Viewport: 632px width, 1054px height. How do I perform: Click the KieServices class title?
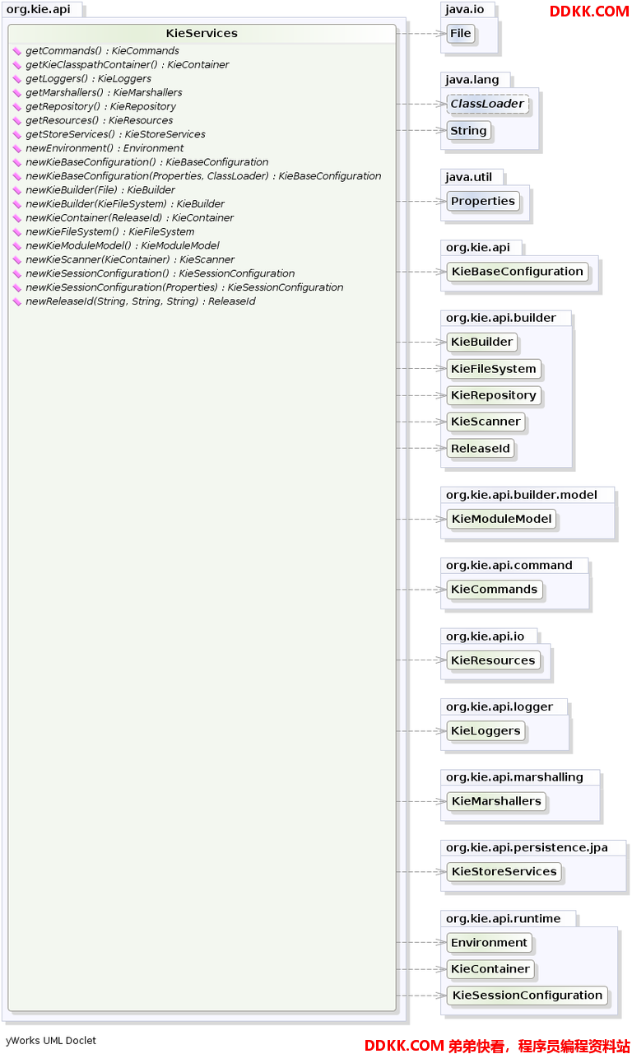(202, 34)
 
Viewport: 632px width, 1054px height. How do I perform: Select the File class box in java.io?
(460, 34)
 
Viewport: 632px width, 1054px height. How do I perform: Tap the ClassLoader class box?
(487, 104)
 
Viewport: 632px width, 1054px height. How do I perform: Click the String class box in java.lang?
(468, 131)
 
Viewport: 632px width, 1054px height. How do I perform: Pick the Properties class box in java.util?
(483, 202)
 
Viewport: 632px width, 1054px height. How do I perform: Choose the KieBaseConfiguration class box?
(518, 272)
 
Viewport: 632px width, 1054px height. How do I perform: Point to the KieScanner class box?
(486, 422)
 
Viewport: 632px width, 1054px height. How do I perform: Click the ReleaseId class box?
(481, 449)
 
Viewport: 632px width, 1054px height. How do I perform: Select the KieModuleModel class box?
(501, 519)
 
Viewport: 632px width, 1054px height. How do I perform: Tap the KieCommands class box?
(495, 590)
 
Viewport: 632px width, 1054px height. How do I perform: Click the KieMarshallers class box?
(496, 801)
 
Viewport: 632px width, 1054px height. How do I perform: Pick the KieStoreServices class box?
(504, 872)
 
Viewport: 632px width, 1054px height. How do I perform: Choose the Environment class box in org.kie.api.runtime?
(489, 943)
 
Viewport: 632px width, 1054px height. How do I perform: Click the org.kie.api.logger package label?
(500, 707)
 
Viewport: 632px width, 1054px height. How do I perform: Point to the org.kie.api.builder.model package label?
(522, 495)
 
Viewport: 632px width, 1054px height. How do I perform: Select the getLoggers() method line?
(88, 78)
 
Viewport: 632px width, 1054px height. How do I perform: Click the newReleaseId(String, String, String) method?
(141, 301)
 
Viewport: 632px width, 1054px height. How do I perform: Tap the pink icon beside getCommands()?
(17, 51)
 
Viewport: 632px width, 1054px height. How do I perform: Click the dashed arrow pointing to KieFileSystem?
(421, 368)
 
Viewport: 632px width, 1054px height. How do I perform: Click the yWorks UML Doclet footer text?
(51, 1040)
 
